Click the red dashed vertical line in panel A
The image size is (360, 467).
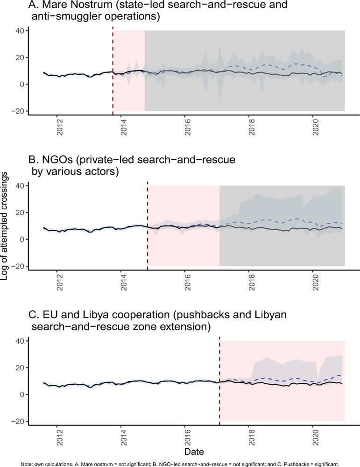(x=113, y=70)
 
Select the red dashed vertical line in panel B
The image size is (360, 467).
(x=148, y=224)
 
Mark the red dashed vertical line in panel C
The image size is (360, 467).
(x=219, y=381)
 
